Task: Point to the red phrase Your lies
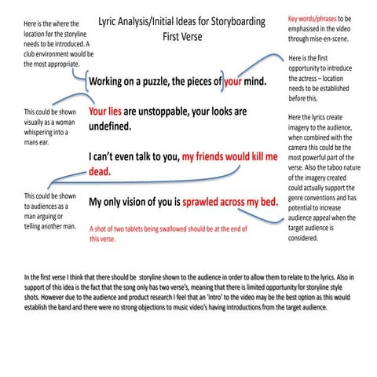(104, 112)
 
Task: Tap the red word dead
(99, 170)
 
